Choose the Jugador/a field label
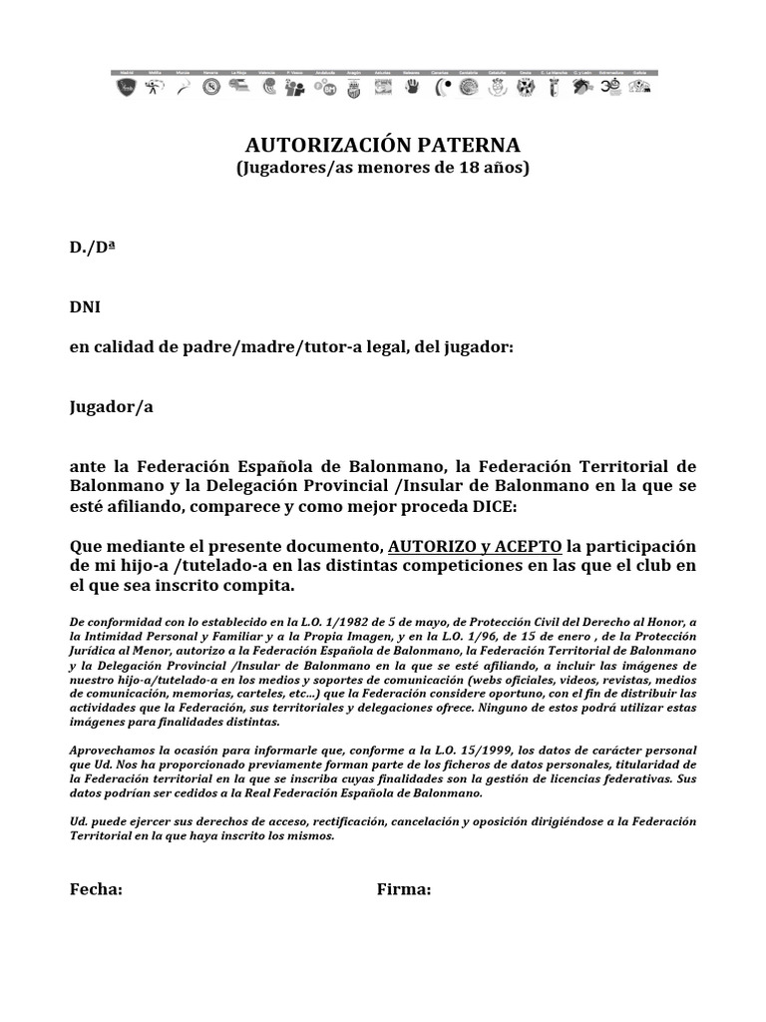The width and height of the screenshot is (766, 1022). [x=112, y=407]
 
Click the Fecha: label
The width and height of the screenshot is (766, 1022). [x=96, y=890]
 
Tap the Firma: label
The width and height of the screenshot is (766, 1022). [x=404, y=890]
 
